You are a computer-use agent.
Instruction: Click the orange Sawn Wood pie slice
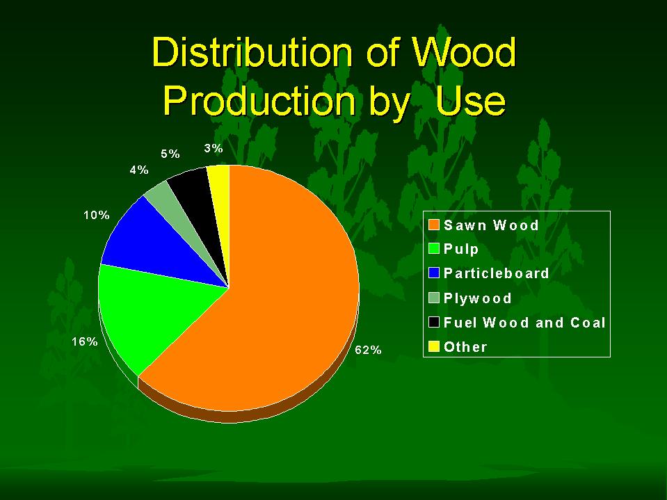(x=272, y=306)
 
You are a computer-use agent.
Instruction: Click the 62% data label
(x=369, y=350)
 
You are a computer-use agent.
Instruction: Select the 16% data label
(x=85, y=341)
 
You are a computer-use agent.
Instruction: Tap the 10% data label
(x=97, y=215)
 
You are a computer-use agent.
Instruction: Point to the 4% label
(x=139, y=170)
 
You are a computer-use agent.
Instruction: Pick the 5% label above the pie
(x=170, y=154)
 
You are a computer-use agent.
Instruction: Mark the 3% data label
(x=214, y=148)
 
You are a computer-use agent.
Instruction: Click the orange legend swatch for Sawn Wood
(x=434, y=225)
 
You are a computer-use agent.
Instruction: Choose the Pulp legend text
(x=461, y=249)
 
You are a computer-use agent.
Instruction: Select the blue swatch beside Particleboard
(x=434, y=273)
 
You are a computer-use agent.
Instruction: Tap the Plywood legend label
(x=477, y=298)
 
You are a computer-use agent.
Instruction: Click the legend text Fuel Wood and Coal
(x=524, y=322)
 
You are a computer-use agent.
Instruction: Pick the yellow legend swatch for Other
(x=434, y=347)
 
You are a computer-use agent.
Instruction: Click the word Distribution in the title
(x=252, y=52)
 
